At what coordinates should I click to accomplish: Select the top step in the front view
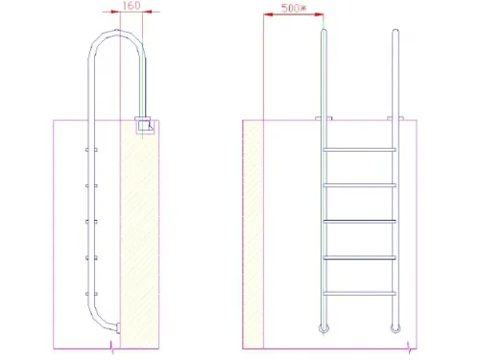click(x=360, y=150)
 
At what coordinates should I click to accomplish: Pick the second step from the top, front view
click(x=360, y=184)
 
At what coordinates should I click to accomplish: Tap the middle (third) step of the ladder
click(x=360, y=221)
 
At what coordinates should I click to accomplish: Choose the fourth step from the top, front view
click(x=360, y=256)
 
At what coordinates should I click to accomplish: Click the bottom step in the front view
click(x=360, y=292)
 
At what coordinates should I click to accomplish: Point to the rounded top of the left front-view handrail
click(x=324, y=31)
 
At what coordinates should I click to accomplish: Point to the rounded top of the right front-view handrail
click(x=396, y=31)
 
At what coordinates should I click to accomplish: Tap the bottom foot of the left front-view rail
click(x=324, y=329)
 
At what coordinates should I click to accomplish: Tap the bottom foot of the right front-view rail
click(x=396, y=329)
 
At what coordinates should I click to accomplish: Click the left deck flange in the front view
click(x=324, y=119)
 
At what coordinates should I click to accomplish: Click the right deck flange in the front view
click(x=396, y=119)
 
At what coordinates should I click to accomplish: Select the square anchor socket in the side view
click(x=146, y=126)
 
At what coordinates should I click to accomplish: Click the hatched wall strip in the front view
click(x=253, y=230)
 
